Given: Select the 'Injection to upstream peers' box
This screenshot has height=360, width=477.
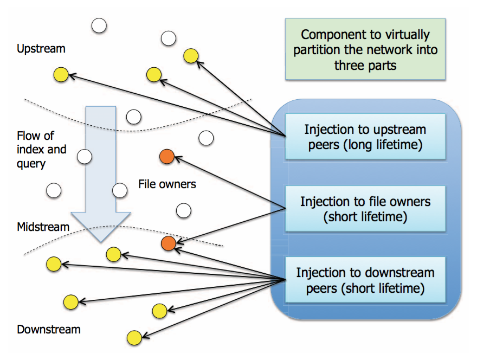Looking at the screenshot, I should pos(365,137).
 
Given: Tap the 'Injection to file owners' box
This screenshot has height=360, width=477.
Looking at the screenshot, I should pos(365,209).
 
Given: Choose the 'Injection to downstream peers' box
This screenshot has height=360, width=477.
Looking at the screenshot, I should pos(365,280).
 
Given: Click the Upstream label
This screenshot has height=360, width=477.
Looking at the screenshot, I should pos(41,49).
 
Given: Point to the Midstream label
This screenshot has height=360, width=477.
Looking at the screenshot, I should pos(43,227).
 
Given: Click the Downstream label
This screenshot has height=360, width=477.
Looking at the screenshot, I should pos(48,329).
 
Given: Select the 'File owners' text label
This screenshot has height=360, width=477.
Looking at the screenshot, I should pos(167,184).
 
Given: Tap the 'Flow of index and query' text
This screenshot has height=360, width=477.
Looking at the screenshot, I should pos(35,149).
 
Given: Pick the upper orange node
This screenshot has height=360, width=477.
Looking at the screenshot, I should pos(166,157).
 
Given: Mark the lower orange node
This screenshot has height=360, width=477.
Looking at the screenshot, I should pos(168,244).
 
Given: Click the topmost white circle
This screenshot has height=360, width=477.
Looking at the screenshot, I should pos(99,25).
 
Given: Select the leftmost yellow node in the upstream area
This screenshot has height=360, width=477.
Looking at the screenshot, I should pos(61,75).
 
